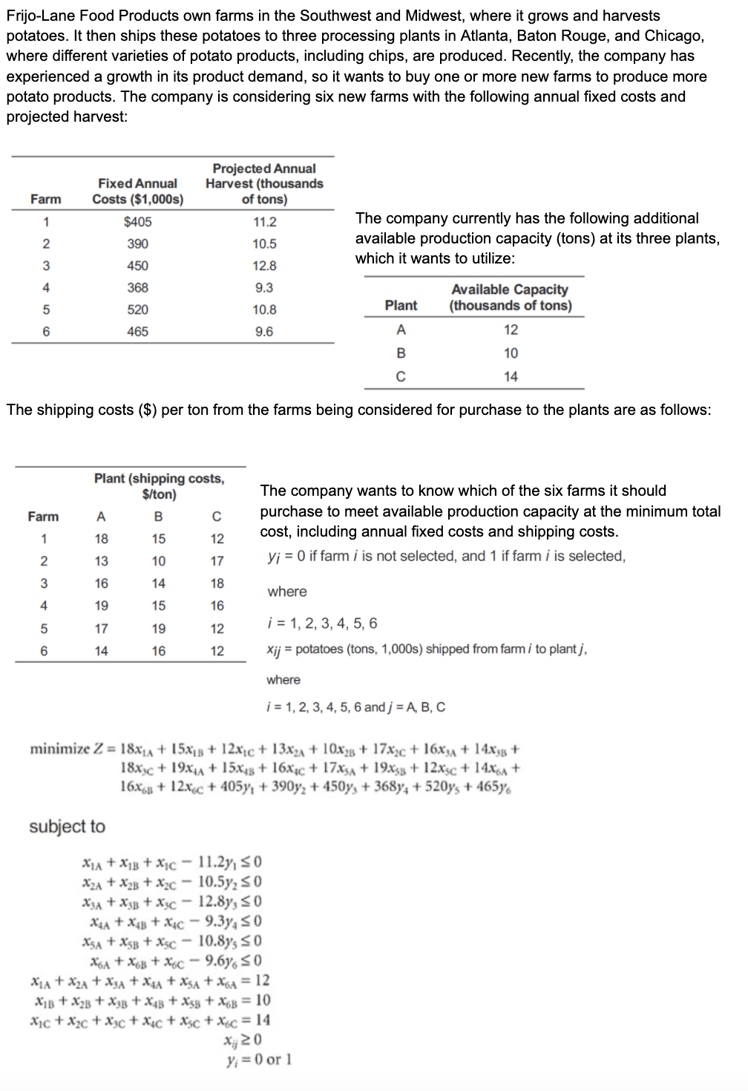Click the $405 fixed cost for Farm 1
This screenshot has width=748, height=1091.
(137, 222)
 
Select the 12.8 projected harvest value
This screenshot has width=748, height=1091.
(264, 266)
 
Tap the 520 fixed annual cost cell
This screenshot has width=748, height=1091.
(137, 309)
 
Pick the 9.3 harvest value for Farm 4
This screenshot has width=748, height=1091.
(264, 288)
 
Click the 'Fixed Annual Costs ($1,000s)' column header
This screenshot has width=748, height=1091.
(137, 191)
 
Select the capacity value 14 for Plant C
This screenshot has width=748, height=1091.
(511, 377)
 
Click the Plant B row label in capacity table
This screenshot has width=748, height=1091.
(401, 353)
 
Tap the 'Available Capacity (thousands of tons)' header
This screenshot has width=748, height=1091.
(511, 298)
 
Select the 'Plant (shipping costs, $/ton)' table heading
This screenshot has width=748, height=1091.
(159, 486)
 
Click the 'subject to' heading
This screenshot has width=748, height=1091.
(67, 827)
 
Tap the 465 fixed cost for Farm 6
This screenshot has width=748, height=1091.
(137, 332)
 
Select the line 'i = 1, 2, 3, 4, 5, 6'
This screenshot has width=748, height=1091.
(321, 623)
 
